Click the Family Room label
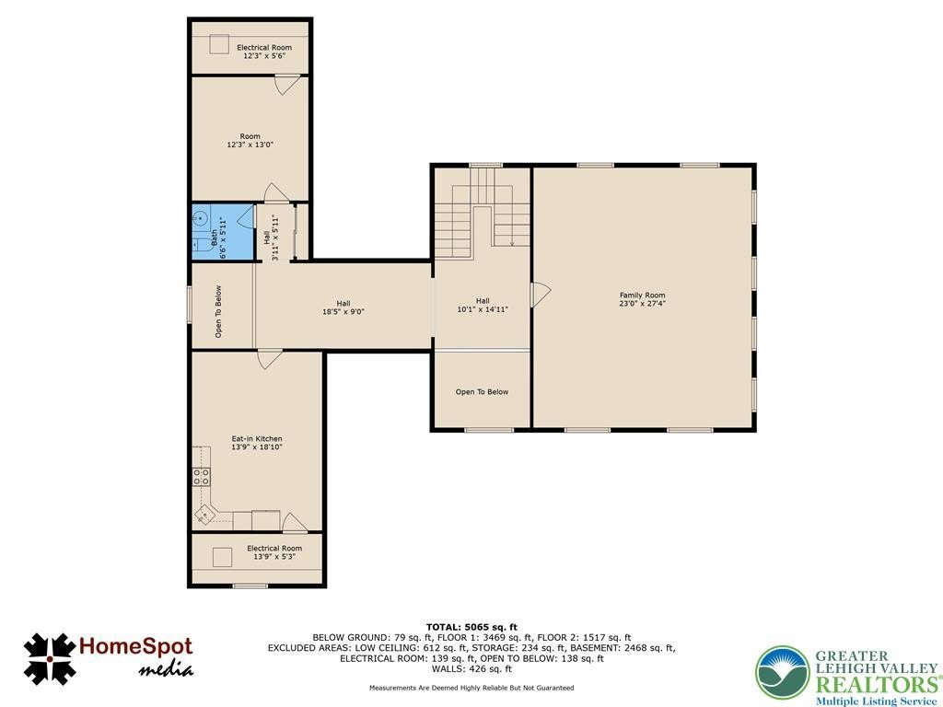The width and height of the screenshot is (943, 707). (x=642, y=299)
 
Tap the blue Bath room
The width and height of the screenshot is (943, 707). (x=223, y=232)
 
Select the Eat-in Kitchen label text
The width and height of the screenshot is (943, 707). (x=257, y=443)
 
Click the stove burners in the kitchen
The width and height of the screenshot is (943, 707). (x=202, y=477)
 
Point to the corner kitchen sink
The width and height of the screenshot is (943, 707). (x=205, y=515)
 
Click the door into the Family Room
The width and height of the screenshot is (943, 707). (x=540, y=295)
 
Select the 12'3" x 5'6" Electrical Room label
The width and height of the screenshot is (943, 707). (x=264, y=52)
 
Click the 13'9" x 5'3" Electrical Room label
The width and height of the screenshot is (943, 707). (x=274, y=552)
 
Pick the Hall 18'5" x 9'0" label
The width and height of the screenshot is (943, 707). (x=343, y=307)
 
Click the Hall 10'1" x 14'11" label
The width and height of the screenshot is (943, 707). (x=483, y=305)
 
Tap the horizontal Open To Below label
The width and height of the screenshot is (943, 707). (x=482, y=392)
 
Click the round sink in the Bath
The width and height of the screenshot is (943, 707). (x=201, y=217)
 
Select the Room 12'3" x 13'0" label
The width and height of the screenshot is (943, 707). (x=250, y=141)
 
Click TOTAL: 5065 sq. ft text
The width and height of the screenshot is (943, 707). (x=471, y=627)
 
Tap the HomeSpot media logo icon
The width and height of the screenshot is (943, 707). (x=50, y=658)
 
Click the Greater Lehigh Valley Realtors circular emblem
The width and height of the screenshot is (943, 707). (x=783, y=673)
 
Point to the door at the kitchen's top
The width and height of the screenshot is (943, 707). (x=269, y=359)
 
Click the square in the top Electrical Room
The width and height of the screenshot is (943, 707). (x=219, y=44)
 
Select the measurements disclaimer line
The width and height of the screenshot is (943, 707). (x=471, y=688)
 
